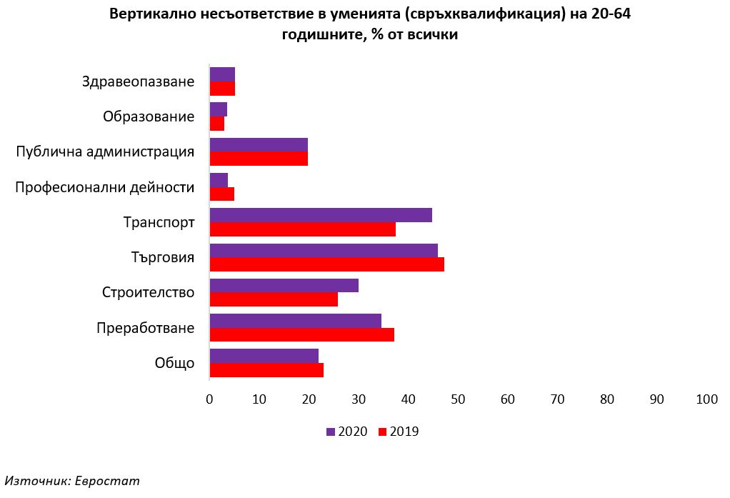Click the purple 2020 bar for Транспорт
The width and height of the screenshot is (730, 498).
pyautogui.click(x=321, y=215)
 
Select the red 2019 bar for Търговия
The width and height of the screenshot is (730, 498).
pyautogui.click(x=326, y=264)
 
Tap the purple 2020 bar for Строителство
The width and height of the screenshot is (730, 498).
pyautogui.click(x=284, y=285)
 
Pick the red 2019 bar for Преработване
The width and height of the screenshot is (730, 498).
pyautogui.click(x=301, y=334)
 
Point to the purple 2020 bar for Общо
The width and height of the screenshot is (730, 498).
pyautogui.click(x=264, y=356)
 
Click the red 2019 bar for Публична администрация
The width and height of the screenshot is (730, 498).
pyautogui.click(x=259, y=159)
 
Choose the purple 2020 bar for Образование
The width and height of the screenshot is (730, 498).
pyautogui.click(x=218, y=109)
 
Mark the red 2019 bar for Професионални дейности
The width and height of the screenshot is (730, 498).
pyautogui.click(x=221, y=194)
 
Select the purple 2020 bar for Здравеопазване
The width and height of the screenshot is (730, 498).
pyautogui.click(x=222, y=74)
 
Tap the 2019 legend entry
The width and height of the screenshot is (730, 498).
pyautogui.click(x=398, y=432)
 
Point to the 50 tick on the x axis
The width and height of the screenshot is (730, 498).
pyautogui.click(x=458, y=400)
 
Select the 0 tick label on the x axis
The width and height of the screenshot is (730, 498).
pyautogui.click(x=209, y=400)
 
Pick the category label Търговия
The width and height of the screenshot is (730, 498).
pyautogui.click(x=163, y=257)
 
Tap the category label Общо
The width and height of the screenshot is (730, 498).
pyautogui.click(x=174, y=363)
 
